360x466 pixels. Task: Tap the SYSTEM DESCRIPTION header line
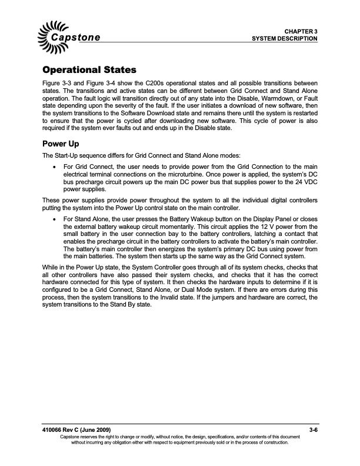[285, 38]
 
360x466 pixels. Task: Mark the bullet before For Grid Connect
[55, 167]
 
